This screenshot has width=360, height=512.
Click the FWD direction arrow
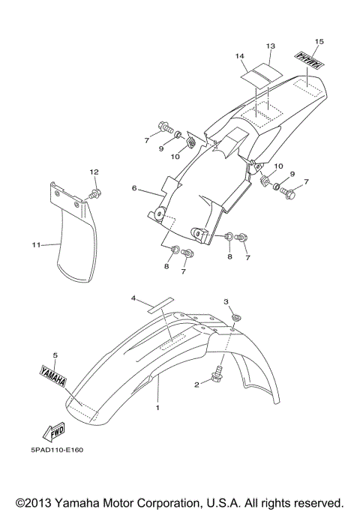(54, 431)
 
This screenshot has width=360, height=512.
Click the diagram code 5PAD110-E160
(58, 450)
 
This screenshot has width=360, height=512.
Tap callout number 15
(319, 41)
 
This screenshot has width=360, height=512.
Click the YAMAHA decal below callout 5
(53, 376)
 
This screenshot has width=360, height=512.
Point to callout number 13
(271, 46)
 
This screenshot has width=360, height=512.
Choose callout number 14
(240, 56)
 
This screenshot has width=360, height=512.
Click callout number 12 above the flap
(94, 172)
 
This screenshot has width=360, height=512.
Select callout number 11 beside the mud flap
(36, 244)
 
